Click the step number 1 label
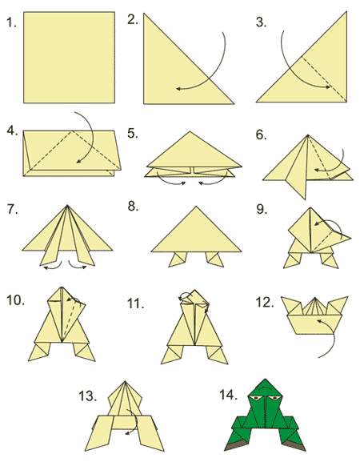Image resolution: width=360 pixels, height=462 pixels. [x=11, y=22]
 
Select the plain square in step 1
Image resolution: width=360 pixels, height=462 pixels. [x=69, y=58]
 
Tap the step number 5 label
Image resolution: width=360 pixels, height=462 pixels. [x=133, y=133]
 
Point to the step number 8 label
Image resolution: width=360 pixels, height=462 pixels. [x=133, y=207]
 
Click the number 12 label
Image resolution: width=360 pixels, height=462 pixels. [x=265, y=303]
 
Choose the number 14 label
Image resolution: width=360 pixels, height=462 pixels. [x=228, y=395]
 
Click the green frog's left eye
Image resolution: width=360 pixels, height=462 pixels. [x=255, y=399]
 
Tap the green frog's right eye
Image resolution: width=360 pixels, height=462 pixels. [x=274, y=399]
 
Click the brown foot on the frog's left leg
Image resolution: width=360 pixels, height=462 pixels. [x=234, y=446]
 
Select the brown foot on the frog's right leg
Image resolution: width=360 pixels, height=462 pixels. [x=297, y=446]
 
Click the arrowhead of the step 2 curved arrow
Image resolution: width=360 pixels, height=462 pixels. [x=178, y=88]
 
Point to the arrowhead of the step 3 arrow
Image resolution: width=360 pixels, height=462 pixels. [x=328, y=87]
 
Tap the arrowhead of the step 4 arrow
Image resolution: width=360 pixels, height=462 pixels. [x=78, y=161]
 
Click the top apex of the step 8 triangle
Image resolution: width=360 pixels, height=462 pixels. [x=196, y=207]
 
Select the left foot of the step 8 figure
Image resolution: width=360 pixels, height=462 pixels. [x=178, y=259]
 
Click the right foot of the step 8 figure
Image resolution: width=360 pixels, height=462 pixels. [x=214, y=259]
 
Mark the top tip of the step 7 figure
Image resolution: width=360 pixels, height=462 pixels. [x=67, y=205]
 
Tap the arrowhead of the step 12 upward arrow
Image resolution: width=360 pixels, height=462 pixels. [x=318, y=321]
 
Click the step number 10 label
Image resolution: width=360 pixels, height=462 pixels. [x=15, y=300]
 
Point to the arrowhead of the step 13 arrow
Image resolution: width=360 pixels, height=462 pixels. [x=127, y=433]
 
